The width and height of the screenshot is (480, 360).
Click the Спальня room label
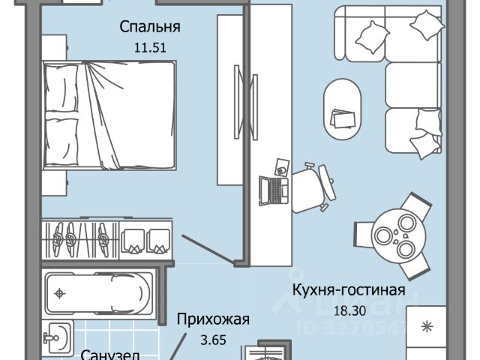click(x=151, y=28)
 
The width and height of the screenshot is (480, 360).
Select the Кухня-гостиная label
click(x=349, y=290)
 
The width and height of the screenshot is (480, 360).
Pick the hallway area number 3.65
click(x=213, y=338)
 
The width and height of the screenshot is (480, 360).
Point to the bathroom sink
click(x=57, y=337)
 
